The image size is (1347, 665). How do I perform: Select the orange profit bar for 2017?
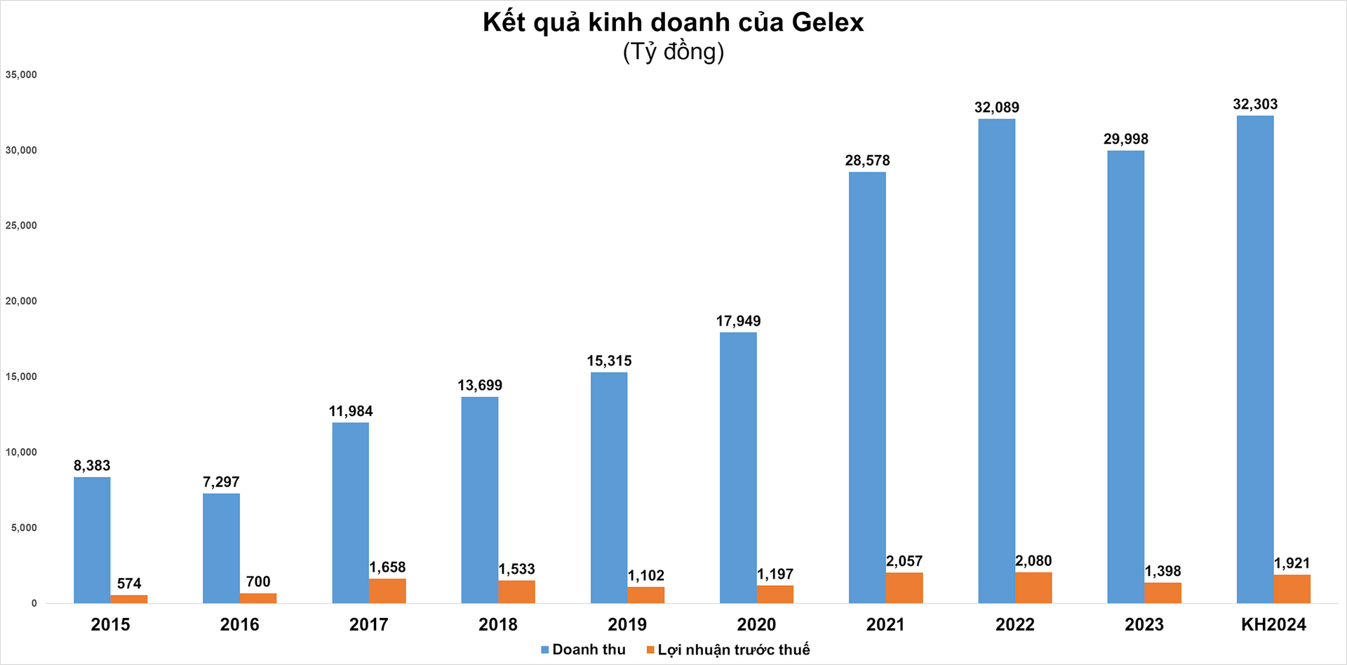(x=387, y=591)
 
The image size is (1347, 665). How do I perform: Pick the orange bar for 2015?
(x=129, y=599)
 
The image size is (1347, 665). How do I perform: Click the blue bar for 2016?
(x=221, y=548)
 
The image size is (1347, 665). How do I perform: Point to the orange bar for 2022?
(x=1033, y=588)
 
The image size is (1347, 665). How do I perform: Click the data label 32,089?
(x=996, y=107)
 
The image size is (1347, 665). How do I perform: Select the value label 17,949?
(x=738, y=321)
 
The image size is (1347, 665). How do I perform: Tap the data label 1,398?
(x=1162, y=572)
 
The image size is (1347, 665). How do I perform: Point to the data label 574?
(x=129, y=584)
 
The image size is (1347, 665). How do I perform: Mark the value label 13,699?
(x=480, y=386)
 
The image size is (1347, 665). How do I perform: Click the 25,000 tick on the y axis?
(x=21, y=226)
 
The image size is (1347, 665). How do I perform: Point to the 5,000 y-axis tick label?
(x=24, y=528)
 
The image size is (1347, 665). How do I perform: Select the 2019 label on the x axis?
(x=627, y=624)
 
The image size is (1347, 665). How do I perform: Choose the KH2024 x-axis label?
(x=1273, y=624)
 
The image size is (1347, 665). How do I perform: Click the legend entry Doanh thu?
(x=588, y=650)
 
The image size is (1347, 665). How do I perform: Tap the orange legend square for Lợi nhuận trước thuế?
(x=650, y=650)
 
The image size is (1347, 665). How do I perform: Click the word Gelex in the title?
(x=827, y=23)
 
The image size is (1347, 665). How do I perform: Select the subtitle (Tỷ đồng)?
(x=673, y=52)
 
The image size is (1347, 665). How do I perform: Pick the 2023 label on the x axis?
(x=1144, y=624)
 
